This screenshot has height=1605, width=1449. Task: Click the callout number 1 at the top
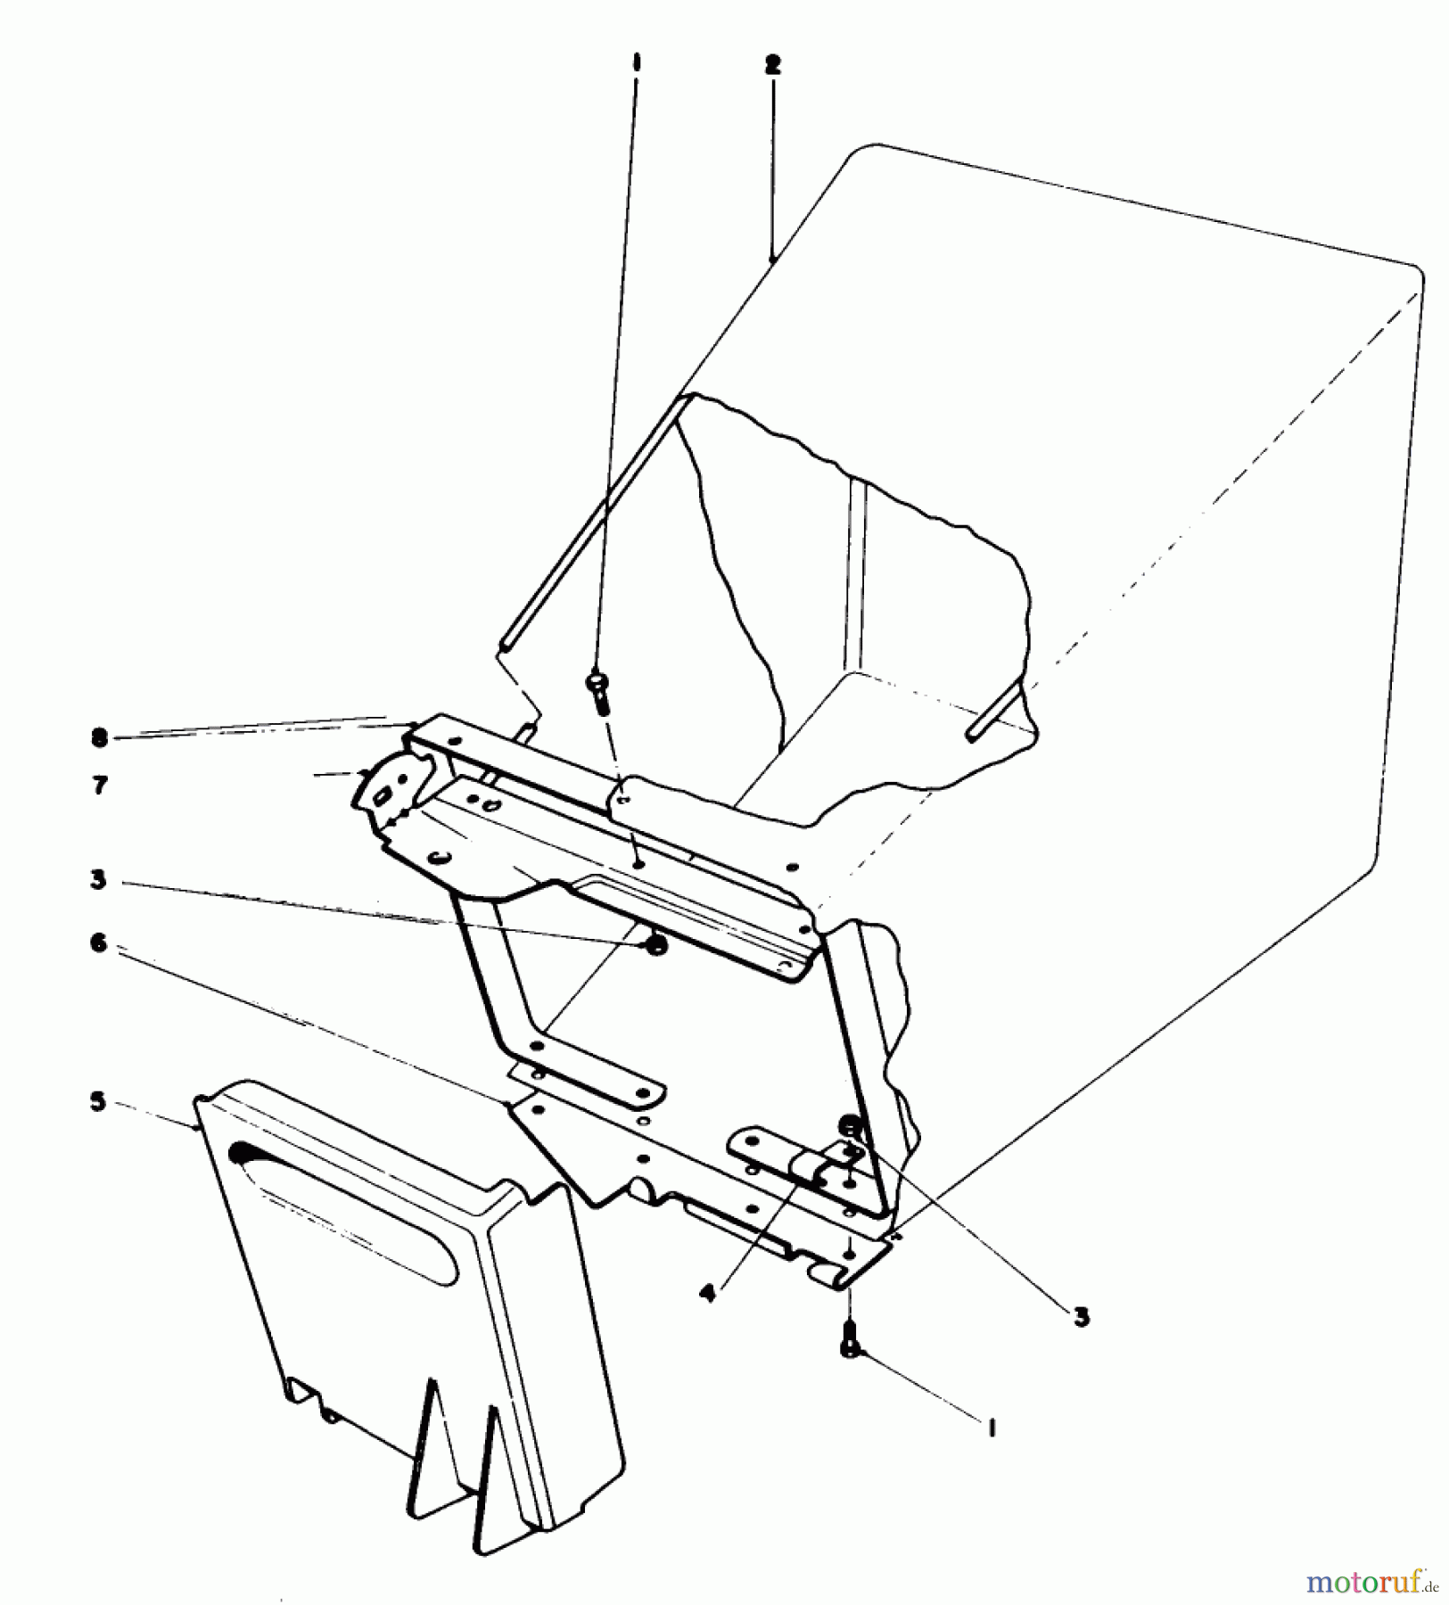636,64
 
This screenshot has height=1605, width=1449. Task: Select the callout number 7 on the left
100,786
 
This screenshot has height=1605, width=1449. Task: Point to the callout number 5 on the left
98,1102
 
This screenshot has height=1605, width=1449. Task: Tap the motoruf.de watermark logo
1373,1583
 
